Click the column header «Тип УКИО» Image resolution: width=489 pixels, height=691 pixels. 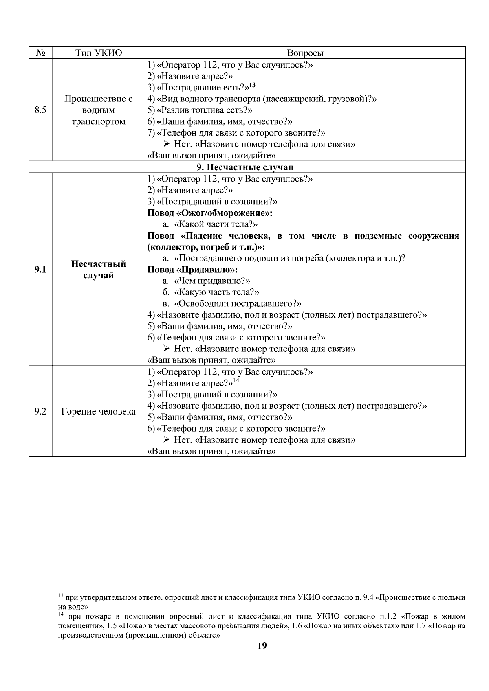click(x=99, y=53)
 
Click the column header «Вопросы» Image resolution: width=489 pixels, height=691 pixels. click(x=305, y=53)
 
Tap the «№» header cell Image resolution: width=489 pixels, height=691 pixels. click(x=40, y=53)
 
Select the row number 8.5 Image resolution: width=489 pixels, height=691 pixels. click(x=40, y=110)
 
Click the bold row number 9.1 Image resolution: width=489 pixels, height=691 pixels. click(x=40, y=270)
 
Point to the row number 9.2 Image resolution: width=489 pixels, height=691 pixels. click(x=40, y=412)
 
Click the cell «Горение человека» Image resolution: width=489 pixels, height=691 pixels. click(x=99, y=412)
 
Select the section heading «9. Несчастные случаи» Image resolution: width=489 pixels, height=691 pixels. click(x=245, y=167)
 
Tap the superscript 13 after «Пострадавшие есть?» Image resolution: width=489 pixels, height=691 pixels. click(x=252, y=85)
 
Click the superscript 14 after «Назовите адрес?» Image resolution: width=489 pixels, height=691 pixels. click(x=236, y=381)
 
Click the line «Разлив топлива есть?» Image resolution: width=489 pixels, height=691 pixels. click(x=200, y=110)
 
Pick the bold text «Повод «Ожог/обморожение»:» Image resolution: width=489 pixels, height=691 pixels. click(x=210, y=213)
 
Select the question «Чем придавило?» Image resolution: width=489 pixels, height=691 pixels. click(x=211, y=281)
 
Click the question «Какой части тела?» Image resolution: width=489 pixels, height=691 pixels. click(x=216, y=224)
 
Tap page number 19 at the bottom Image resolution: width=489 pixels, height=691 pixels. click(x=262, y=646)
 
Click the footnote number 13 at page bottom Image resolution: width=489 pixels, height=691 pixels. click(x=61, y=596)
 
